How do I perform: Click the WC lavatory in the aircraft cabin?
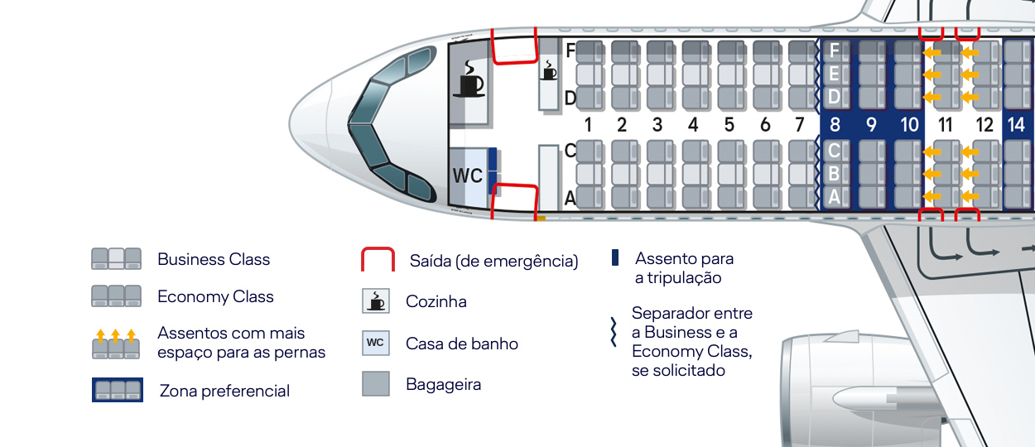coord(467,176)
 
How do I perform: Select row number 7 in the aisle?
coord(799,125)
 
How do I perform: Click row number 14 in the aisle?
coord(1016,125)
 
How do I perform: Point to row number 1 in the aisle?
coord(587,125)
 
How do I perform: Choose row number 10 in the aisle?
coord(909,125)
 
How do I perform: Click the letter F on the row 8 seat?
coord(834,51)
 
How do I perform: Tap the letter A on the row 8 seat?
coord(834,196)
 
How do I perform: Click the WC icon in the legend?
coord(375,343)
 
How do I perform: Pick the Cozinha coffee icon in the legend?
coord(376,300)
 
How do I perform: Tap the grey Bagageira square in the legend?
coord(376,383)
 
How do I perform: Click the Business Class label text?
coord(214,259)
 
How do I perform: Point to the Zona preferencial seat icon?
coord(118,390)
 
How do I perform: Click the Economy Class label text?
coord(215,296)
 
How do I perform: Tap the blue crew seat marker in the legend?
coord(615,257)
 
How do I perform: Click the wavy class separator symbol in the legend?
coord(615,331)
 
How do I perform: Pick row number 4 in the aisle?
coord(693,125)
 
